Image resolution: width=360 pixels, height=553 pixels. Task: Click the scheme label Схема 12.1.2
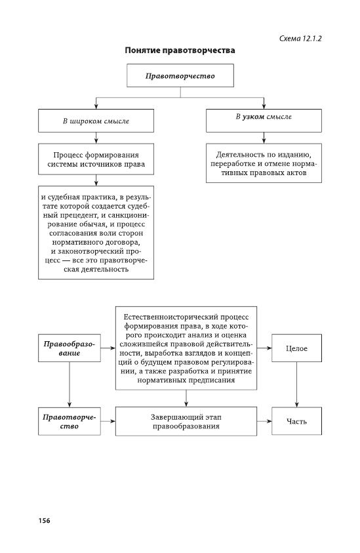pyautogui.click(x=300, y=39)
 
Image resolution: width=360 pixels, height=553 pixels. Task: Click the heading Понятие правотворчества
pyautogui.click(x=180, y=51)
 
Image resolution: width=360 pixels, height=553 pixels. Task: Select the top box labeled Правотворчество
pyautogui.click(x=180, y=75)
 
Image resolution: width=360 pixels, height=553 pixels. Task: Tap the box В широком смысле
pyautogui.click(x=96, y=121)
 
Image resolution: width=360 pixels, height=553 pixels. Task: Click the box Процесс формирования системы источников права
pyautogui.click(x=96, y=159)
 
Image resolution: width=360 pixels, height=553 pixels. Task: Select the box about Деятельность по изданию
pyautogui.click(x=264, y=163)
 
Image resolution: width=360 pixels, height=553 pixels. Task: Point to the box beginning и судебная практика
pyautogui.click(x=96, y=232)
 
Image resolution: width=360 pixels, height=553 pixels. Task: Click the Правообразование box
pyautogui.click(x=70, y=348)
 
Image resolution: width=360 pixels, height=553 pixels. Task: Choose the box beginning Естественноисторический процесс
pyautogui.click(x=186, y=348)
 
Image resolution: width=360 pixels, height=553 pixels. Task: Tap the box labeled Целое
pyautogui.click(x=296, y=348)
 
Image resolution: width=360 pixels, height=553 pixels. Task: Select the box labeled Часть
pyautogui.click(x=296, y=421)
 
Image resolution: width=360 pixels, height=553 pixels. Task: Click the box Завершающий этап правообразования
pyautogui.click(x=186, y=421)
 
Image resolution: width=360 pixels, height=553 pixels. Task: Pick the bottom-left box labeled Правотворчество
pyautogui.click(x=70, y=421)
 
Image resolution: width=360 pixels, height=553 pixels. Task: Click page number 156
pyautogui.click(x=44, y=521)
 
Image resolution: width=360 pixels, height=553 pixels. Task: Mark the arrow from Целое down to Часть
pyautogui.click(x=296, y=384)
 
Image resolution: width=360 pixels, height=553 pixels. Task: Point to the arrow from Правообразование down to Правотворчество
pyautogui.click(x=70, y=384)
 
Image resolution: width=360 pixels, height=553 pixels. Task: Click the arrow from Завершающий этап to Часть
pyautogui.click(x=264, y=421)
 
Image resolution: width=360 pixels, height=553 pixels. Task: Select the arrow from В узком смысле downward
pyautogui.click(x=264, y=138)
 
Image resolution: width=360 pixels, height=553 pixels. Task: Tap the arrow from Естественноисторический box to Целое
pyautogui.click(x=264, y=348)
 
